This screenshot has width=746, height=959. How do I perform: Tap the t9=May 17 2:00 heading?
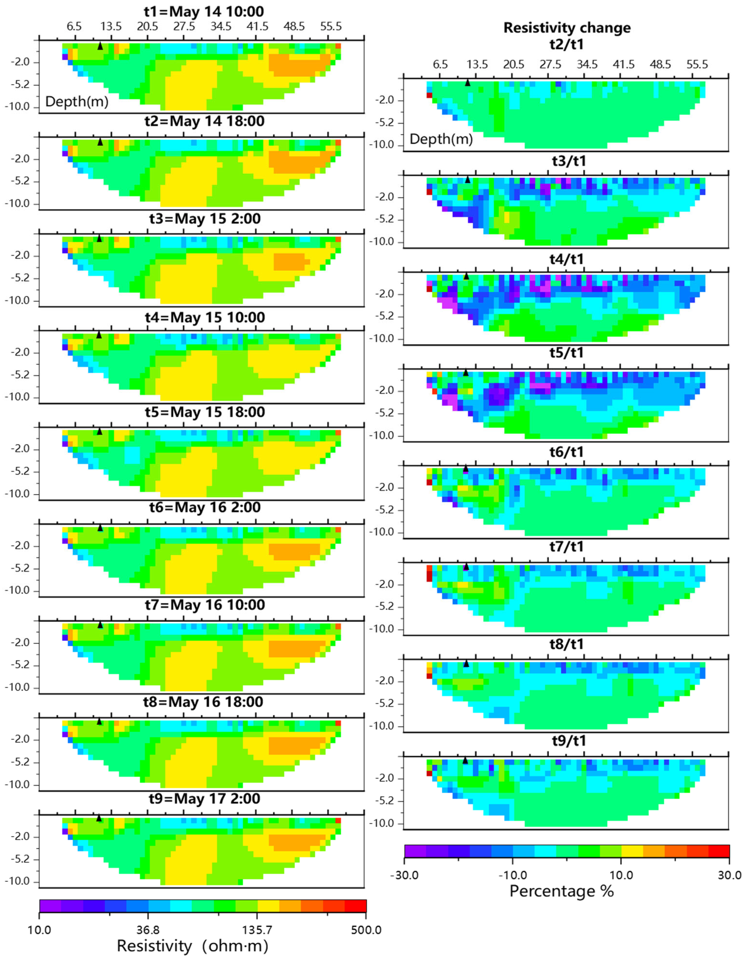204,799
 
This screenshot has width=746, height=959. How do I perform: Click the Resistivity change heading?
567,28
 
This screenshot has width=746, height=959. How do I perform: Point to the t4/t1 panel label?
567,259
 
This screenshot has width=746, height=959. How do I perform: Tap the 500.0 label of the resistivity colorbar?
366,930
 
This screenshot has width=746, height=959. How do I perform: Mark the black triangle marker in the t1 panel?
100,46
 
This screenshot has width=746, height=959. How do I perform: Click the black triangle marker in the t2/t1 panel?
467,82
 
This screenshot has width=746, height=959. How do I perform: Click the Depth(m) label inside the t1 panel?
77,102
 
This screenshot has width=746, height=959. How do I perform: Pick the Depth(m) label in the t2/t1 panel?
441,140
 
